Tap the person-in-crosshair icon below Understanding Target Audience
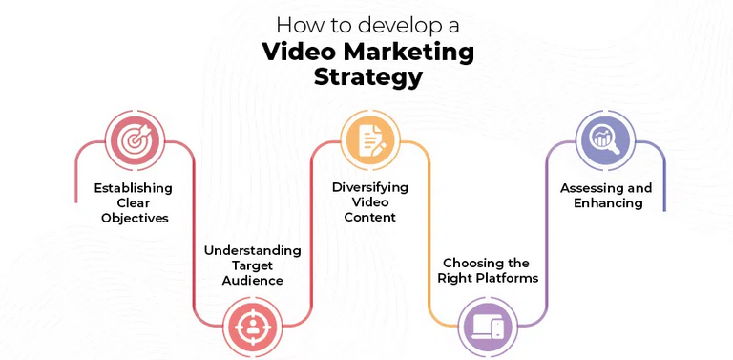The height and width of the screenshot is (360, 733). point(252,327)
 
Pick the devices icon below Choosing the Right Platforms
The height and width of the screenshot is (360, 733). point(487,327)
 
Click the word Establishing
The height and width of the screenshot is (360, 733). point(134,187)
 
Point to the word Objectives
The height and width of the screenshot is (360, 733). point(135,218)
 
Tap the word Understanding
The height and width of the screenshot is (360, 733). point(252,250)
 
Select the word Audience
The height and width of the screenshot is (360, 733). point(252,281)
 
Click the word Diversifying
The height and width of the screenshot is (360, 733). point(369,186)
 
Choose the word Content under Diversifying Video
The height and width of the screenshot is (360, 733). point(369,217)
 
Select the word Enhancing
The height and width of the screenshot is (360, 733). point(607,203)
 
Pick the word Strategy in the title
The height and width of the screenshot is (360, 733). point(367,78)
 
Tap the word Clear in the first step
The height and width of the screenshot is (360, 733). point(135,202)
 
